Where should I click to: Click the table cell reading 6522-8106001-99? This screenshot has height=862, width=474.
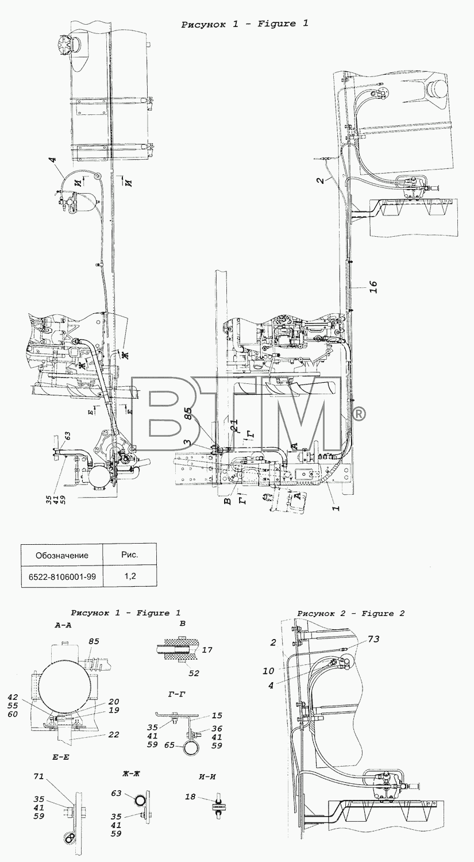[62, 577]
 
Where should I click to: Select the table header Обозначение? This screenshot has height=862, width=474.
[62, 555]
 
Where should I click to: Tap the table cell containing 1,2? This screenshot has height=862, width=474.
[129, 576]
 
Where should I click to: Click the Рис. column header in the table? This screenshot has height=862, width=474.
[129, 555]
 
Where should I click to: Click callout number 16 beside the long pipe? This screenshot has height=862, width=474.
[373, 287]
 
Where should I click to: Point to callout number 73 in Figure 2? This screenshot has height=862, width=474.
[373, 639]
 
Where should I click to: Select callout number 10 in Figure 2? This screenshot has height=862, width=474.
[268, 671]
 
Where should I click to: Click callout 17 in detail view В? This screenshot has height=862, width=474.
[207, 650]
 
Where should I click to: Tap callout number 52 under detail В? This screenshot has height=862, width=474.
[194, 673]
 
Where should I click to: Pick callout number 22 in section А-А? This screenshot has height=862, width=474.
[114, 734]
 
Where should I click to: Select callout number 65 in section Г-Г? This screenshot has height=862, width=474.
[169, 745]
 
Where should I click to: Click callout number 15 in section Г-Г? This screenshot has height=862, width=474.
[217, 715]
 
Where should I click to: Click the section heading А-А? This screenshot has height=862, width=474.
[63, 626]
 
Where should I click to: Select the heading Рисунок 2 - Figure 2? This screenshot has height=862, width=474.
[351, 614]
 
